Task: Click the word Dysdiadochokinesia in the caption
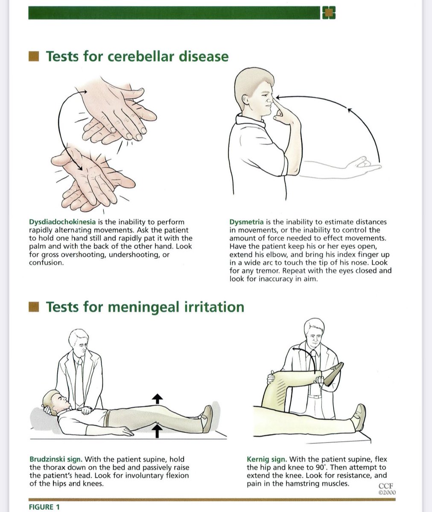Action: (62, 222)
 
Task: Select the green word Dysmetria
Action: (247, 222)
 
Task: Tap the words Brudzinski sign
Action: (56, 459)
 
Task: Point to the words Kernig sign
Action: (267, 459)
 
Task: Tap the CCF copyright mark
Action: (387, 489)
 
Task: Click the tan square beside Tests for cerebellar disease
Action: (34, 56)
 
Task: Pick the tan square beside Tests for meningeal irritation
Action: (34, 307)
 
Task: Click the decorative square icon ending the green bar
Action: (328, 12)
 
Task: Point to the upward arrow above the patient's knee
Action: (157, 399)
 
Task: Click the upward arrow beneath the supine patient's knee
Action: (157, 431)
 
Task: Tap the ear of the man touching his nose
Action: (245, 99)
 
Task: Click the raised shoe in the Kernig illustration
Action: (333, 374)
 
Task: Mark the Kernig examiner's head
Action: (314, 332)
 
